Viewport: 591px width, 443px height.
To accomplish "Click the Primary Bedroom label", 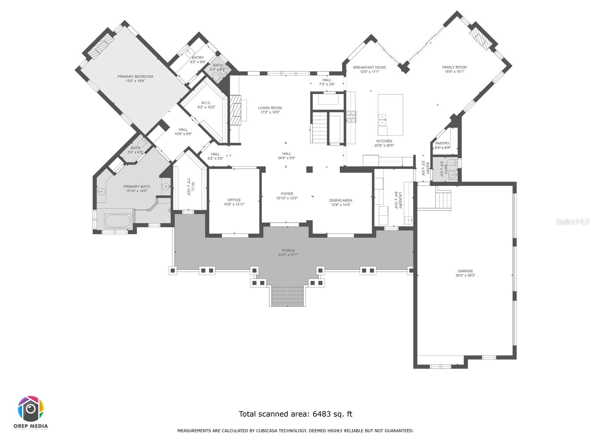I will point(135,76).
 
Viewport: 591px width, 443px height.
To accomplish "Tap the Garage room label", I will point(465,271).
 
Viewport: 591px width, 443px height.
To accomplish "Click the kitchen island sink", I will point(382,118).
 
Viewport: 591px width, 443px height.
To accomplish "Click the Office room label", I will point(234,200).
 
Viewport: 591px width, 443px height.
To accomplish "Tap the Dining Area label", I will point(341,200).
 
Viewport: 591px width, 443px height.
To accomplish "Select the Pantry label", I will point(443,143).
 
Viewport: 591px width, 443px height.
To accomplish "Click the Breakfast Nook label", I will point(369,67).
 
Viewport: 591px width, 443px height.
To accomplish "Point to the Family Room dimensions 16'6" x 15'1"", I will point(454,72).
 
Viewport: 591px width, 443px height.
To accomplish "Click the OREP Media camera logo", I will point(31,409).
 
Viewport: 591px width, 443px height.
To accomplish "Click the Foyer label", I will point(287,193).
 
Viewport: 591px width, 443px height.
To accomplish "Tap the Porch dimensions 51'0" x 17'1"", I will point(288,255).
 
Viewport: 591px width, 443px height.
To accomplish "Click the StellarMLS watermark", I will point(573,222).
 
